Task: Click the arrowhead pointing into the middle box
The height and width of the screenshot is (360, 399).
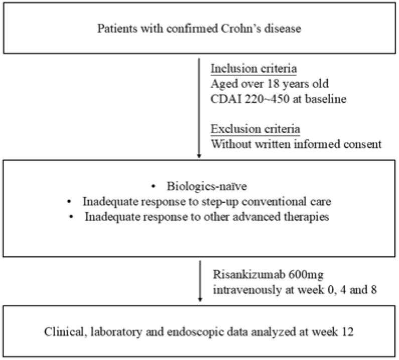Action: (x=200, y=157)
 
